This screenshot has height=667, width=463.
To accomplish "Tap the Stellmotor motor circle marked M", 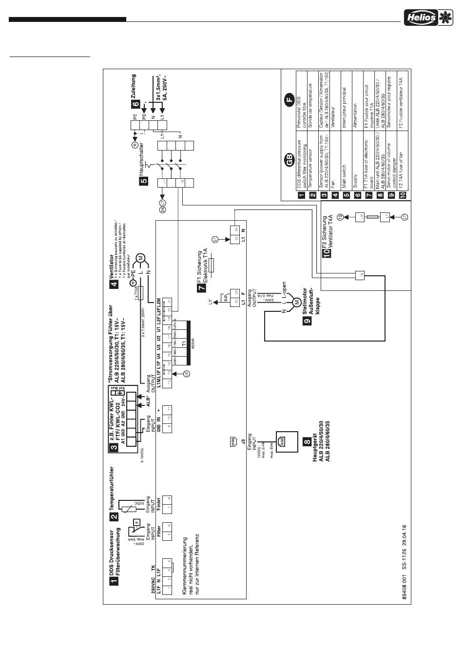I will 296,303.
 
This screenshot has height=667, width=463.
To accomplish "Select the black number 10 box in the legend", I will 402,195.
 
